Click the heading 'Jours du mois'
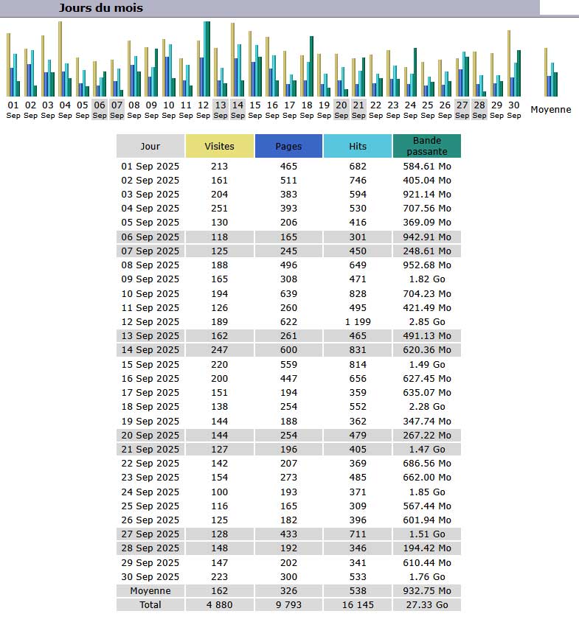(101, 8)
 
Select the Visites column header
(220, 146)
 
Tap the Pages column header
(288, 146)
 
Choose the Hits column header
(358, 146)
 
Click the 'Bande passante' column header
(426, 146)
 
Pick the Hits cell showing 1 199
(358, 321)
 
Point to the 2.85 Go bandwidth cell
(426, 321)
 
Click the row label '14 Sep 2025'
(150, 350)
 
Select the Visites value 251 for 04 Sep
(220, 209)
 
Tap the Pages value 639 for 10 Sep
(288, 293)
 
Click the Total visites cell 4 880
(220, 604)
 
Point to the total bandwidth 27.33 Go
(426, 604)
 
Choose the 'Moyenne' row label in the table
(150, 590)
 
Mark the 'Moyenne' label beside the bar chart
(551, 109)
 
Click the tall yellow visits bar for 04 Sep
(60, 59)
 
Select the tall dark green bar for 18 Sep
(311, 66)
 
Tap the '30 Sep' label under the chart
(514, 110)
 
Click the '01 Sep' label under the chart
(13, 110)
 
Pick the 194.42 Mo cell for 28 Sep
(426, 548)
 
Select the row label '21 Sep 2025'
(150, 449)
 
